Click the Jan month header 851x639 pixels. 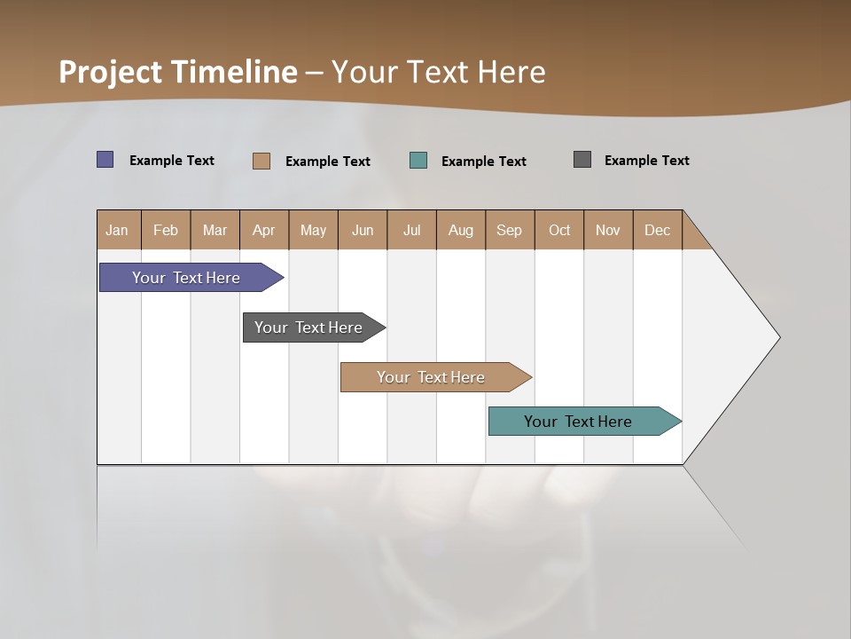click(118, 230)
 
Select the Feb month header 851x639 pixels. click(166, 230)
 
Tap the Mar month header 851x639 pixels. click(215, 230)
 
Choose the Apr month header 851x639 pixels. click(264, 230)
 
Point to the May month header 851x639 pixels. click(313, 230)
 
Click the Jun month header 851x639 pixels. click(363, 230)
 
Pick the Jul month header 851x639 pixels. click(411, 230)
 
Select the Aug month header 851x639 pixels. click(461, 230)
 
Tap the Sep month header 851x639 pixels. click(510, 230)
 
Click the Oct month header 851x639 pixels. click(559, 230)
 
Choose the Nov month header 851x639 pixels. click(608, 230)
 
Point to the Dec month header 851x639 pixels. click(658, 230)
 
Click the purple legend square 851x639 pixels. click(105, 160)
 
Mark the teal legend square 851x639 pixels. click(418, 161)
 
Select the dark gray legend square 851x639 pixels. click(582, 160)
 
